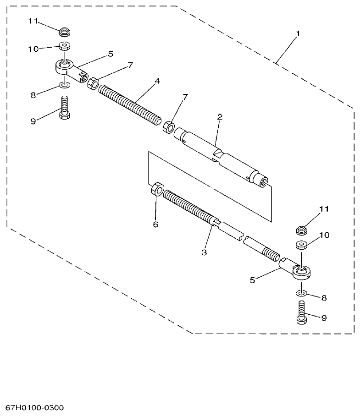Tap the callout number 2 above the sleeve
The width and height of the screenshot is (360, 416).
[x=220, y=117]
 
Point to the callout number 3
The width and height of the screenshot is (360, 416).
[x=205, y=252]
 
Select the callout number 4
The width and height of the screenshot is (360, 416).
[x=157, y=81]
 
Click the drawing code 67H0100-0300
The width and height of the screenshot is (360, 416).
[x=35, y=407]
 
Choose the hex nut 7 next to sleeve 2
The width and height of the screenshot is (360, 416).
[x=168, y=127]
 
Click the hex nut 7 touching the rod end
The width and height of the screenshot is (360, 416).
[x=93, y=83]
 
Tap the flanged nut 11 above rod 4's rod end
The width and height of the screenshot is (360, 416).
[x=64, y=32]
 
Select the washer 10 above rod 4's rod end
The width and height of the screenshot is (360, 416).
[x=64, y=47]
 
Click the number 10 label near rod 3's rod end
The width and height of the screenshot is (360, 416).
[x=324, y=235]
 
